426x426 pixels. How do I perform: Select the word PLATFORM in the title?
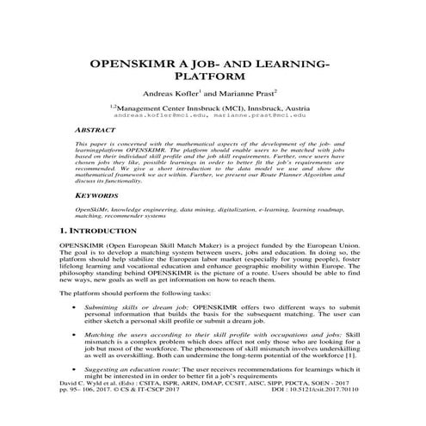point(213,82)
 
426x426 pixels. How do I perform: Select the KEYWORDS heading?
point(96,196)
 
